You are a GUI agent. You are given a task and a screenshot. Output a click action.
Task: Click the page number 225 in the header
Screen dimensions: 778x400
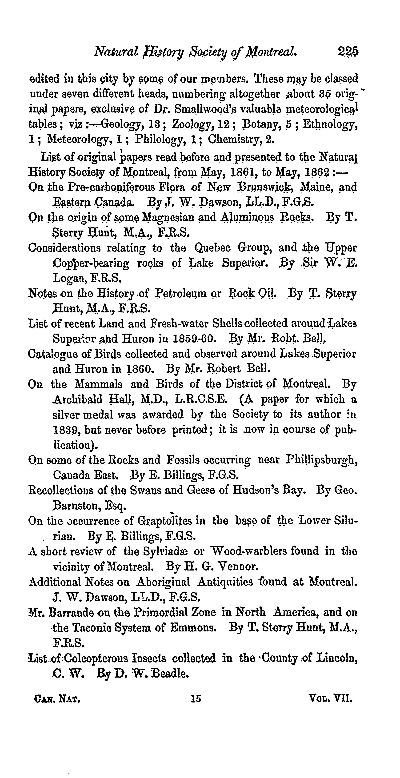pyautogui.click(x=348, y=52)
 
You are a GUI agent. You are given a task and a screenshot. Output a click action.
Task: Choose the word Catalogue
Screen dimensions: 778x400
pyautogui.click(x=49, y=354)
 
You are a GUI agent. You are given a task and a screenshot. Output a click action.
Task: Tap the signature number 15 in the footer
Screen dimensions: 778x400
pyautogui.click(x=196, y=698)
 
